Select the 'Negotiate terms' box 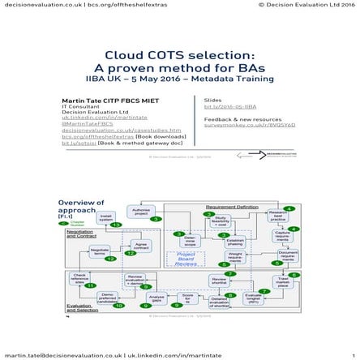pos(101,251)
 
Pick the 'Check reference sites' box pos(79,279)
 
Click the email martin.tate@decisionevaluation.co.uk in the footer pos(62,353)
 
